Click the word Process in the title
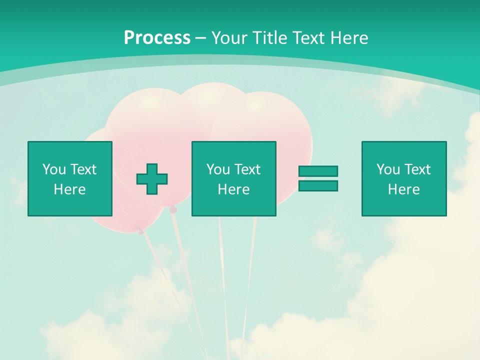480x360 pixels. tap(157, 38)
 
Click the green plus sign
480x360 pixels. tap(152, 178)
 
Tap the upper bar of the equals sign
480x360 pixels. tap(318, 171)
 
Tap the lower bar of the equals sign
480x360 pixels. tap(318, 186)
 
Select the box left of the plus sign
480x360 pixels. tap(69, 178)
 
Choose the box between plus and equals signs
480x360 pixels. tap(233, 178)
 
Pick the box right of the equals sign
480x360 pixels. tap(404, 178)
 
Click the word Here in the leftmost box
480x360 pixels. tap(69, 189)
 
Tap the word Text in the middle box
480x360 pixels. tap(247, 169)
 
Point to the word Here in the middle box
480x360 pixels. tap(233, 189)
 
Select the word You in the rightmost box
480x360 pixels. tap(388, 169)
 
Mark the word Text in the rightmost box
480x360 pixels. tap(417, 169)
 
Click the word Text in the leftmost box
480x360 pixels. tap(83, 169)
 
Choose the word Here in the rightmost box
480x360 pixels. tap(403, 189)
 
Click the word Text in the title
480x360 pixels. tap(306, 38)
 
